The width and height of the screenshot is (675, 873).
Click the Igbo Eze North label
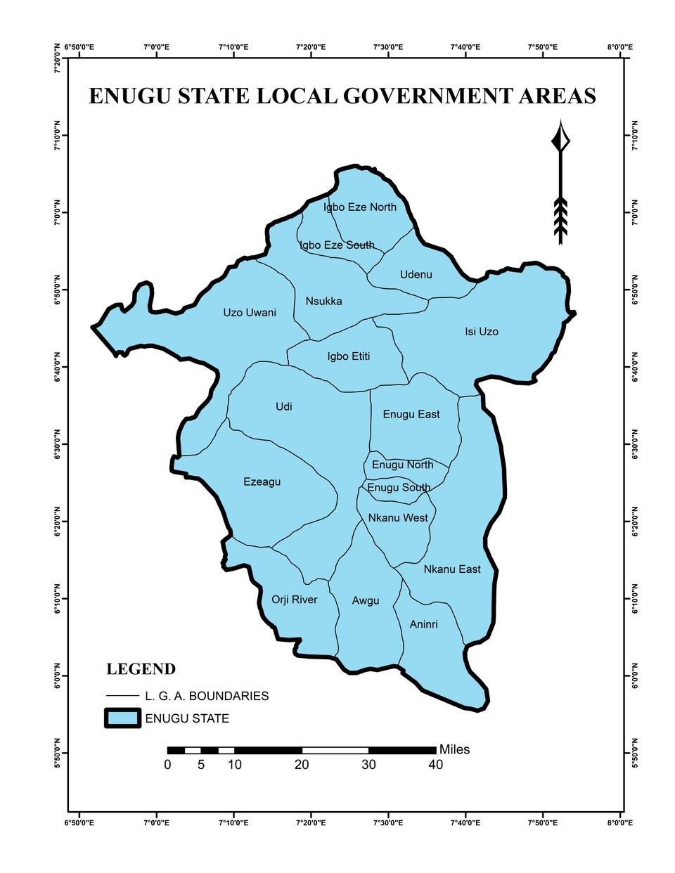pos(360,207)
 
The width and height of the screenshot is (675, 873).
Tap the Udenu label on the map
pos(416,274)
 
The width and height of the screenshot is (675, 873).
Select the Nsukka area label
pos(323,301)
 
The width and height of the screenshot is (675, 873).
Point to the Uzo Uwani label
pos(250,312)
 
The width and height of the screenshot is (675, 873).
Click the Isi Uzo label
pos(481,331)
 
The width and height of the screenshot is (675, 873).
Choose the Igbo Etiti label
pos(348,356)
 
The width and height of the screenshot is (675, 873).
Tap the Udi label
pos(283,406)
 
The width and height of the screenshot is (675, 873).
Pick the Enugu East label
pos(411,414)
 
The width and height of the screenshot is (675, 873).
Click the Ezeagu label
pos(262,481)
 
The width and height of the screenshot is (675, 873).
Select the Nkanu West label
pos(398,517)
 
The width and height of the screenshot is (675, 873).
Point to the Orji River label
pos(294,600)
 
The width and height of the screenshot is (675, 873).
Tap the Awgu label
pos(365,600)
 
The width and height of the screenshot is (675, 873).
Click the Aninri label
pos(423,623)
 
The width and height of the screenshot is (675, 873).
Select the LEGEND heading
pos(141,668)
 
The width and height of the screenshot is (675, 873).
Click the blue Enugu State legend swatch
pos(122,718)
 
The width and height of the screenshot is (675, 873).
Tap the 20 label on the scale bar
pos(301,765)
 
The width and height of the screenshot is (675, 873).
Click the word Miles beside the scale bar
pos(454,749)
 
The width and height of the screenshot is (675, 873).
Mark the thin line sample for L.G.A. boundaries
pos(122,696)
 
